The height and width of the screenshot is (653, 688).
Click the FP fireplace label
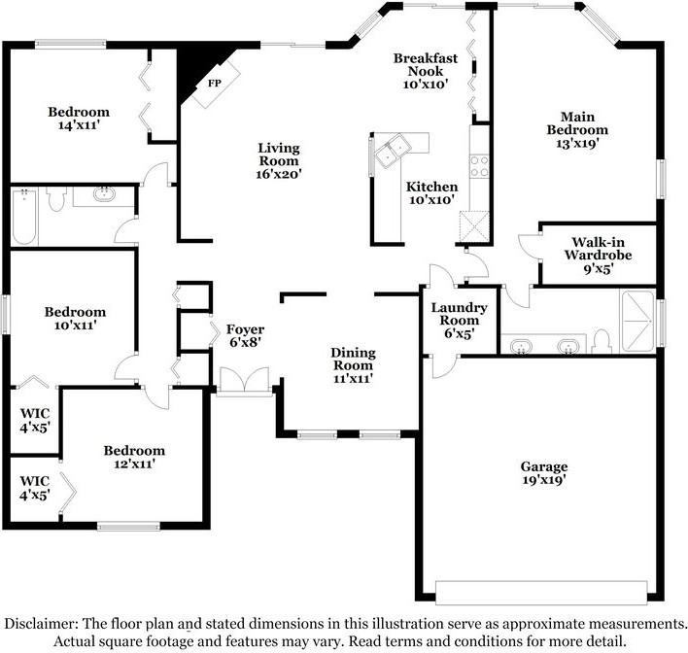pyautogui.click(x=215, y=83)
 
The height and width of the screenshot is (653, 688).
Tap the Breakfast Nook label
pyautogui.click(x=426, y=64)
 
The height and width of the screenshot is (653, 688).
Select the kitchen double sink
pyautogui.click(x=393, y=151)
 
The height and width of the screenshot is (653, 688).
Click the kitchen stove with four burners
pyautogui.click(x=480, y=166)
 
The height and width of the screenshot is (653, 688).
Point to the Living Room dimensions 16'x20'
pyautogui.click(x=279, y=174)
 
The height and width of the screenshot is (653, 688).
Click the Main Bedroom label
pyautogui.click(x=577, y=123)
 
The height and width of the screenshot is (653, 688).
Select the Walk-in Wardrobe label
pyautogui.click(x=598, y=249)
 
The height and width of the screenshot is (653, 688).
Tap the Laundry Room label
pyautogui.click(x=459, y=314)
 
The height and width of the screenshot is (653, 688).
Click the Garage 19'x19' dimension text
pyautogui.click(x=544, y=480)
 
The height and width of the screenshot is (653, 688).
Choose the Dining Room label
pyautogui.click(x=353, y=359)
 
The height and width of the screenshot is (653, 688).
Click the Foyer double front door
pyautogui.click(x=245, y=381)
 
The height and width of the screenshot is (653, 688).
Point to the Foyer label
pyautogui.click(x=245, y=329)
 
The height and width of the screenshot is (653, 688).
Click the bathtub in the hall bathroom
pyautogui.click(x=24, y=217)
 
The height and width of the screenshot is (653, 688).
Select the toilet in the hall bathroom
pyautogui.click(x=56, y=199)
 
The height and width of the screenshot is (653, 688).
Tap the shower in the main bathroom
pyautogui.click(x=637, y=321)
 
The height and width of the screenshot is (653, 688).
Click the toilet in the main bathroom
pyautogui.click(x=602, y=341)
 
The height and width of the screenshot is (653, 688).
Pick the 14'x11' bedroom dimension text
pyautogui.click(x=79, y=125)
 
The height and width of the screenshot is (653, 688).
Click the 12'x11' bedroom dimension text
pyautogui.click(x=135, y=464)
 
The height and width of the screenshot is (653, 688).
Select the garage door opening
pyautogui.click(x=541, y=594)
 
